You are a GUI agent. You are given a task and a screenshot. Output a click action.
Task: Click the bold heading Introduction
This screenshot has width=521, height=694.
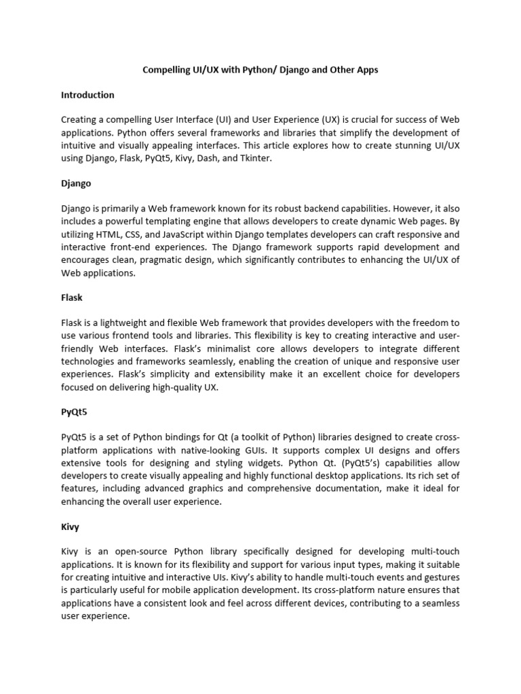88,95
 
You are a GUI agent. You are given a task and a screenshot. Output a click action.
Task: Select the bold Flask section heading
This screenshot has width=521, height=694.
71,298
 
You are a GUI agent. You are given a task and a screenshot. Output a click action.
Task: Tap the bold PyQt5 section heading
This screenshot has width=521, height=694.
75,411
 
